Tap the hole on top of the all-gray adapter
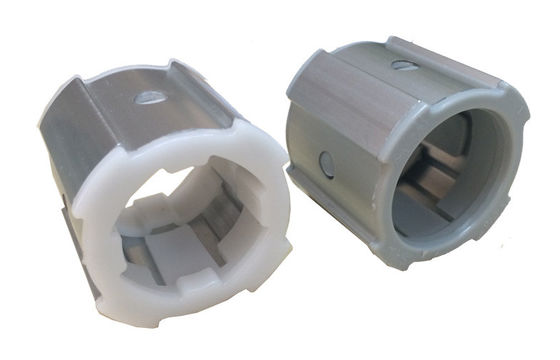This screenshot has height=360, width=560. (405, 66)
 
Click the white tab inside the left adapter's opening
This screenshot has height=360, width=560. (150, 204)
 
